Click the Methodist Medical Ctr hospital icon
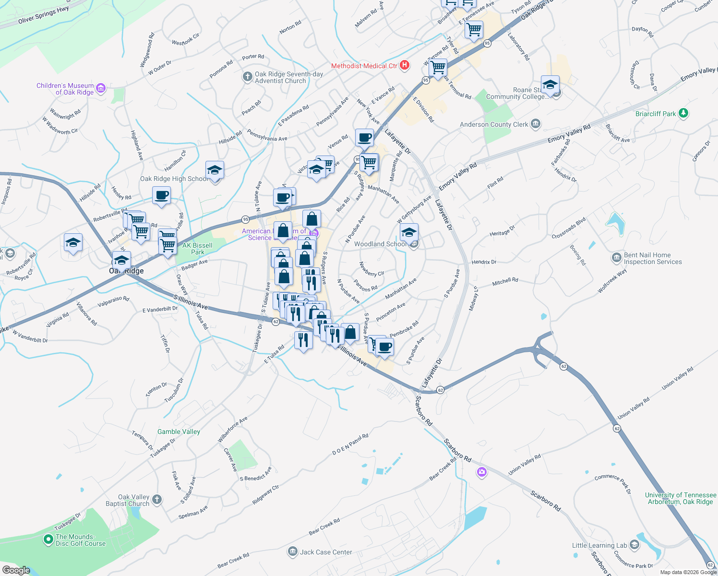tap(405, 65)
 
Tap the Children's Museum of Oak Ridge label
tap(65, 89)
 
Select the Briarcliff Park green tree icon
tap(683, 114)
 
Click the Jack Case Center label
tap(326, 552)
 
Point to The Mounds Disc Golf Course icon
tap(48, 540)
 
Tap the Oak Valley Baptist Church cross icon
tap(157, 500)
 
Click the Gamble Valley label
tap(179, 432)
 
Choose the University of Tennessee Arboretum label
tap(680, 498)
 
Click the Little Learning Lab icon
tap(634, 545)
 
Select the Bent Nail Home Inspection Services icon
tap(617, 258)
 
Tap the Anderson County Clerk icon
tap(536, 124)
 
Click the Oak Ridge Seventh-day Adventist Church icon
tap(247, 77)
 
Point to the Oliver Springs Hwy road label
tap(43, 15)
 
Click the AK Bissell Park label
tap(197, 249)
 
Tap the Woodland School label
tap(380, 244)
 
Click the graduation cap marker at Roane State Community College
tap(550, 85)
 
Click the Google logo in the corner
tap(16, 570)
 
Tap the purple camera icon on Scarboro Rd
tap(482, 472)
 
